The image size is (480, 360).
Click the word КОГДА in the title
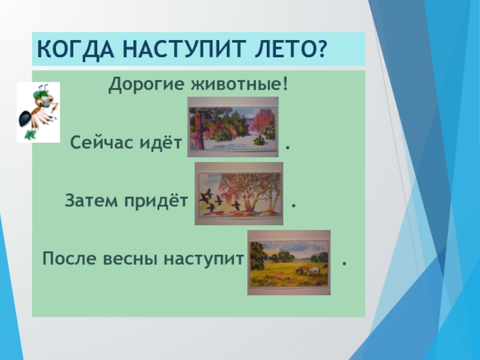click(x=76, y=49)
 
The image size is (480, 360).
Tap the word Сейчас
click(x=102, y=143)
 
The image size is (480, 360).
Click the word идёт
click(x=161, y=142)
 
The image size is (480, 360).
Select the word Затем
click(x=91, y=201)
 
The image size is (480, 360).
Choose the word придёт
click(x=156, y=201)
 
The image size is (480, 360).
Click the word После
click(x=69, y=259)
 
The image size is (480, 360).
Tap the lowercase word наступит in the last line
click(x=204, y=259)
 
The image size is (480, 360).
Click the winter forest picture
click(x=233, y=127)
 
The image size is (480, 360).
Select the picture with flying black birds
click(x=239, y=194)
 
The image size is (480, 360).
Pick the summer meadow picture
click(x=289, y=263)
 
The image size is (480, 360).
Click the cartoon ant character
click(x=38, y=112)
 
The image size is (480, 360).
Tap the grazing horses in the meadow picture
click(x=308, y=270)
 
